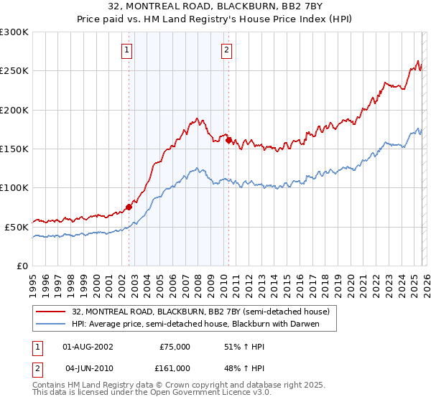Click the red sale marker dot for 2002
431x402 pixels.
point(129,207)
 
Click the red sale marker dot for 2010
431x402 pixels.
point(228,141)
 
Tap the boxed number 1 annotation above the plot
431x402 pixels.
point(127,50)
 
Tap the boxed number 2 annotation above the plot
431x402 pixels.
point(226,50)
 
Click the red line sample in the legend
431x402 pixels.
point(52,312)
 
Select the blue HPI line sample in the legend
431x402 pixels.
point(52,324)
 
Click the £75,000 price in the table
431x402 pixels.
point(175,346)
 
